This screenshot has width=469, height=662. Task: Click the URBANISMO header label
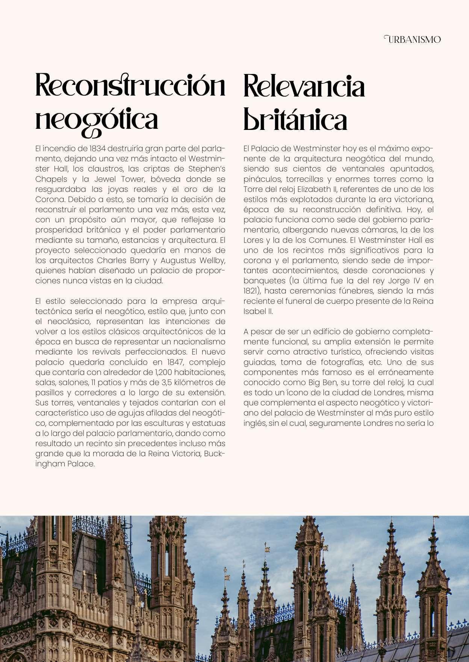(413, 39)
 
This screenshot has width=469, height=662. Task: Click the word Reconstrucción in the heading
(130, 86)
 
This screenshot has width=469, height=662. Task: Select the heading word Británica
(295, 119)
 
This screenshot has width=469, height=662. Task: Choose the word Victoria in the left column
(186, 454)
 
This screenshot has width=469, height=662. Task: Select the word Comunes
(322, 240)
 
